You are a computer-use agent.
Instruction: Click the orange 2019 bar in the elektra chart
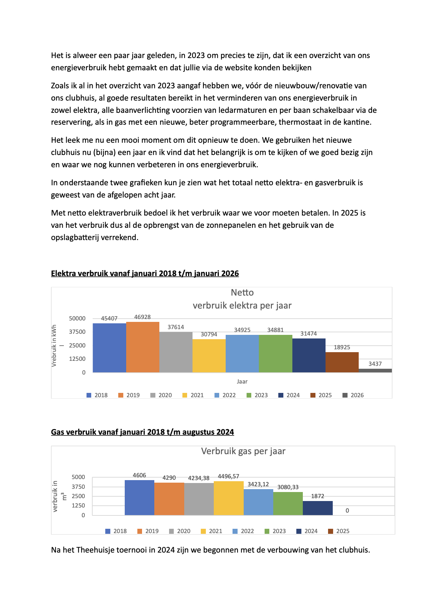point(142,347)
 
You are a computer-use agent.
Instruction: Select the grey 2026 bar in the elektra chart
point(375,371)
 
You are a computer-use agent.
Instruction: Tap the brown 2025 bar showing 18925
point(342,362)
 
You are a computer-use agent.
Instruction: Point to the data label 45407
point(109,318)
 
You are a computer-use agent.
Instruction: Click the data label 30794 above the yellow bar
point(209,334)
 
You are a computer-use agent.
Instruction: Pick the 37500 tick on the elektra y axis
point(77,332)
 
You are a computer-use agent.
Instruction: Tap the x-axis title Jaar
point(242,381)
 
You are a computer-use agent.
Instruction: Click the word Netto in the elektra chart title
point(242,292)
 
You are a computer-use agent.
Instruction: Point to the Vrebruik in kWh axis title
point(54,346)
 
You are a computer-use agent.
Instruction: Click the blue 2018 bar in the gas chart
point(139,497)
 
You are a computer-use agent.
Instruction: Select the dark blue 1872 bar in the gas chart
point(317,508)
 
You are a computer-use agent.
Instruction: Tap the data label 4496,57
point(228,476)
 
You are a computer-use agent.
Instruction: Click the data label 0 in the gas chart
point(347,510)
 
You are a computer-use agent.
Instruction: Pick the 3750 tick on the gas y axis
point(78,487)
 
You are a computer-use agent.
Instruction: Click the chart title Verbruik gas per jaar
point(243,451)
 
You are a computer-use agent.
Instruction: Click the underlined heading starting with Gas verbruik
point(142,432)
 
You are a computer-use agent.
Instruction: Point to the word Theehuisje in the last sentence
point(95,550)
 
